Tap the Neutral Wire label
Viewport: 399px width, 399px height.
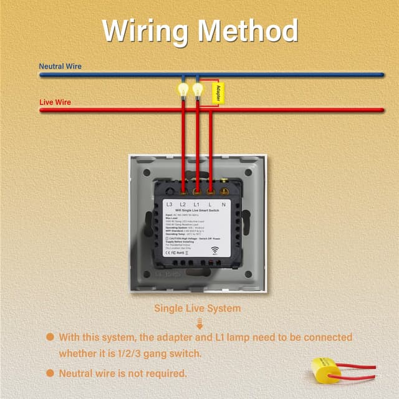click(60, 66)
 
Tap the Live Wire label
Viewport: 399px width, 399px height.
click(55, 102)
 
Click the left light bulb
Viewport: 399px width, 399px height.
click(183, 90)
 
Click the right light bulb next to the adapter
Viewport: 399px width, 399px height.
click(198, 90)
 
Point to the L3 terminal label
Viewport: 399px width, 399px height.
click(170, 204)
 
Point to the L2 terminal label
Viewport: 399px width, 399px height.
click(183, 204)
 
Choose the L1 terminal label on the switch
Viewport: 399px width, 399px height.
click(196, 204)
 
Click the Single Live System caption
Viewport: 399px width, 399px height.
click(198, 308)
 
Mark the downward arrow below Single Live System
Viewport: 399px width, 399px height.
click(199, 322)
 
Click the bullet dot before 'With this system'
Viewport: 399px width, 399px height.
click(50, 337)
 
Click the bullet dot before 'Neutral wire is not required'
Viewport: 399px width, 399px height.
click(50, 373)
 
